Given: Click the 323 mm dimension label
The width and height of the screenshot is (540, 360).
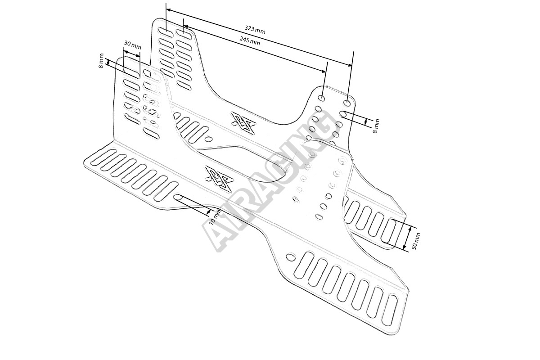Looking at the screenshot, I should click(255, 30).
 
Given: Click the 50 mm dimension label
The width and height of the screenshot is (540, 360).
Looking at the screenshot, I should click(416, 242).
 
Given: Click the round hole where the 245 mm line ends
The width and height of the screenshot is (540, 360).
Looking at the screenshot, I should click(322, 98).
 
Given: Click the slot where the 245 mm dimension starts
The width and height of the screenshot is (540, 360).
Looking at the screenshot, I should click(184, 33).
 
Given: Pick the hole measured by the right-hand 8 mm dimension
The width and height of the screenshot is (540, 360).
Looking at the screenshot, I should click(343, 114).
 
